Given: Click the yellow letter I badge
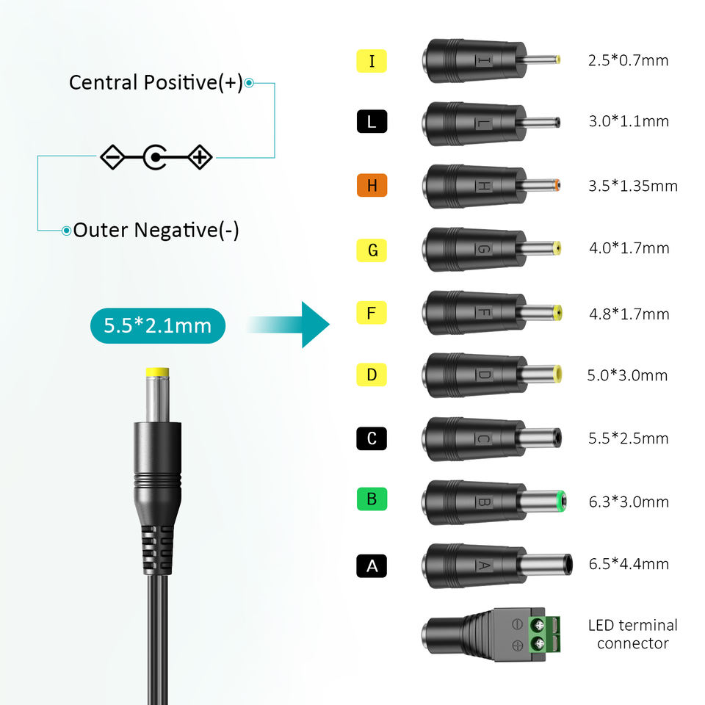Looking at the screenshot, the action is tap(372, 60).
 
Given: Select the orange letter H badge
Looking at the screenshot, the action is tap(372, 186).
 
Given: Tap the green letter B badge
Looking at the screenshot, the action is tap(372, 500).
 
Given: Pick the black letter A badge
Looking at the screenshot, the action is tap(372, 565).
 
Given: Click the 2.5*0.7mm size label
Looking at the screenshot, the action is tap(628, 60).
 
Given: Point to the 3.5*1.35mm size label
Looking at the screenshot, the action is tap(632, 186).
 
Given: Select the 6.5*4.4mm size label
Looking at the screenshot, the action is tap(628, 564).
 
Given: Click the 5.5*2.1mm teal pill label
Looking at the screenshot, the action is tap(157, 325).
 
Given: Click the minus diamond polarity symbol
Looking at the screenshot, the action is tap(112, 156).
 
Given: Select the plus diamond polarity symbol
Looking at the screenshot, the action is tap(200, 156).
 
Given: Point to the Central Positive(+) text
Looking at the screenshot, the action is tap(156, 82).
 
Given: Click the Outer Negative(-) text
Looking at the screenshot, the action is tap(156, 231).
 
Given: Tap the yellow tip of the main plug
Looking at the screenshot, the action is tap(157, 373).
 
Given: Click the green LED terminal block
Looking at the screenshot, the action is tap(539, 634).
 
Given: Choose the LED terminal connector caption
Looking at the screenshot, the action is tap(632, 634).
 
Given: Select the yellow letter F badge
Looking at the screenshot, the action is tap(372, 314).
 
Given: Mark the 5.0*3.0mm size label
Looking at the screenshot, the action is tap(627, 376).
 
